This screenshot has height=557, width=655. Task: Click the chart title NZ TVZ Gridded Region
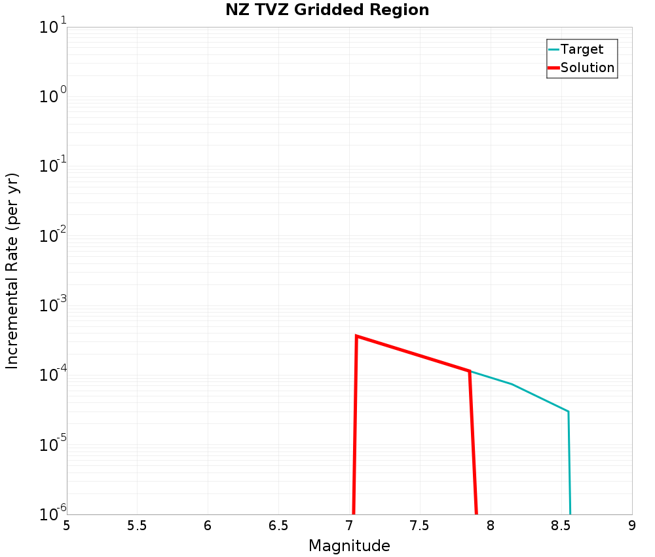pyautogui.click(x=327, y=10)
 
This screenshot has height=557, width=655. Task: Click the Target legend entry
pyautogui.click(x=582, y=49)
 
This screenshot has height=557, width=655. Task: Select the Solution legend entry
pyautogui.click(x=588, y=67)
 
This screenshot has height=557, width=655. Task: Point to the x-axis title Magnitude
pyautogui.click(x=349, y=546)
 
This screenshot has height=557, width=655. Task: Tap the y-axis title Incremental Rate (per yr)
pyautogui.click(x=12, y=271)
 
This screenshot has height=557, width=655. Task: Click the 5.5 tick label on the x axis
pyautogui.click(x=136, y=526)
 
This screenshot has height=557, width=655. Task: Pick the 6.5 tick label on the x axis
pyautogui.click(x=278, y=526)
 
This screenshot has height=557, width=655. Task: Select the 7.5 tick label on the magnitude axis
pyautogui.click(x=419, y=526)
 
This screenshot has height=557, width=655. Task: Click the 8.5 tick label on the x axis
pyautogui.click(x=561, y=526)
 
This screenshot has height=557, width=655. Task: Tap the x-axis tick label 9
pyautogui.click(x=631, y=526)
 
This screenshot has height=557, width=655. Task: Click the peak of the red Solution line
pyautogui.click(x=356, y=336)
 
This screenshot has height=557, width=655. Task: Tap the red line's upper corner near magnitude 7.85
pyautogui.click(x=470, y=371)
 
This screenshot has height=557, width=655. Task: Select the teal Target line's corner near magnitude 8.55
pyautogui.click(x=568, y=412)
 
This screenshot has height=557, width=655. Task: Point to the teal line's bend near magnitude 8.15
pyautogui.click(x=512, y=384)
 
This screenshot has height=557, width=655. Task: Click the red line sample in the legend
pyautogui.click(x=553, y=67)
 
